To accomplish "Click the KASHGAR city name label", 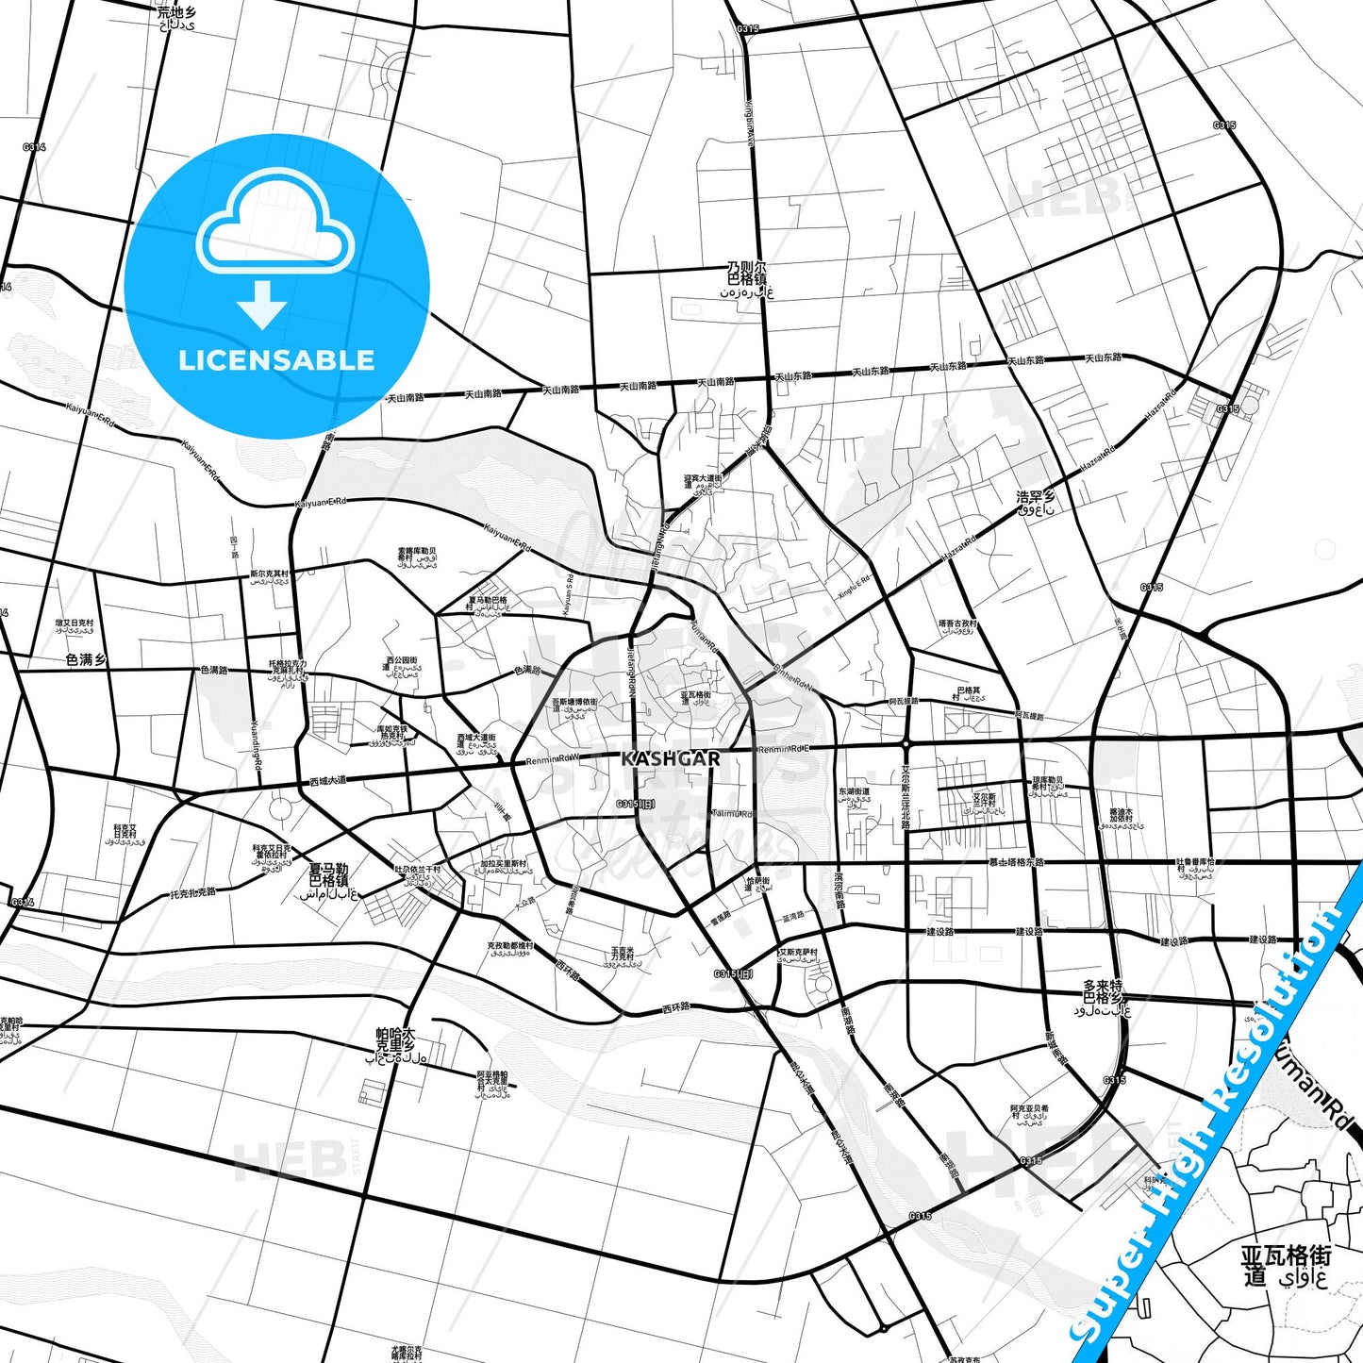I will click(671, 758).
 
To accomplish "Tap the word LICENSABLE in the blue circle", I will click(276, 360).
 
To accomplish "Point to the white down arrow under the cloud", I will click(262, 305).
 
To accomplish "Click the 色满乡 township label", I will click(86, 660).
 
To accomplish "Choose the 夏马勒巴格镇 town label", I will click(329, 881).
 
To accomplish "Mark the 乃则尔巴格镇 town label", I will click(747, 280).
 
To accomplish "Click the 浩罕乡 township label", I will click(1036, 503).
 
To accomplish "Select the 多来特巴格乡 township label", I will click(1104, 997).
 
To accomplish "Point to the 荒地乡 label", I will click(177, 18).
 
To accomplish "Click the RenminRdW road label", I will click(551, 759).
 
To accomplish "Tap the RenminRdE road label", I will click(783, 749).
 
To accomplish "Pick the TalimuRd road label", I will click(732, 813).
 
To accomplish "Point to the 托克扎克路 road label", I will click(192, 892).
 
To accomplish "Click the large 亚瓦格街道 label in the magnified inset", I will click(1286, 1266).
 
